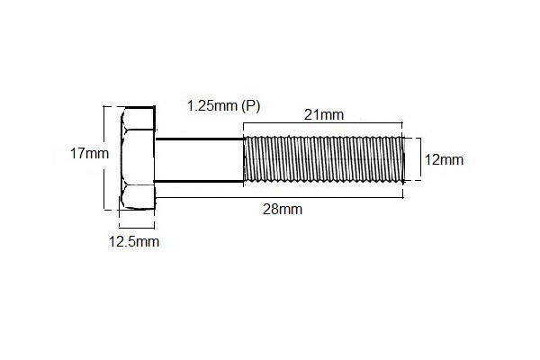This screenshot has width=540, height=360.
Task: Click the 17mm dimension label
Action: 89,154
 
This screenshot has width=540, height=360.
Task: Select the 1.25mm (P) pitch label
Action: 223,106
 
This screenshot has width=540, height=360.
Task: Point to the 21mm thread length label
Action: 324,114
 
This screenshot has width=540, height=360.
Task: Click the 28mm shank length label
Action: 281,210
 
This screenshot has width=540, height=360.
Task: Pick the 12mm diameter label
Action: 443,160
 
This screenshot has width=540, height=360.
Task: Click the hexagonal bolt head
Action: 139,159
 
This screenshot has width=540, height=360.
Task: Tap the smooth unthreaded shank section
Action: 200,160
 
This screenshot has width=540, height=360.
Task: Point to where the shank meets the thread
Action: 245,159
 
